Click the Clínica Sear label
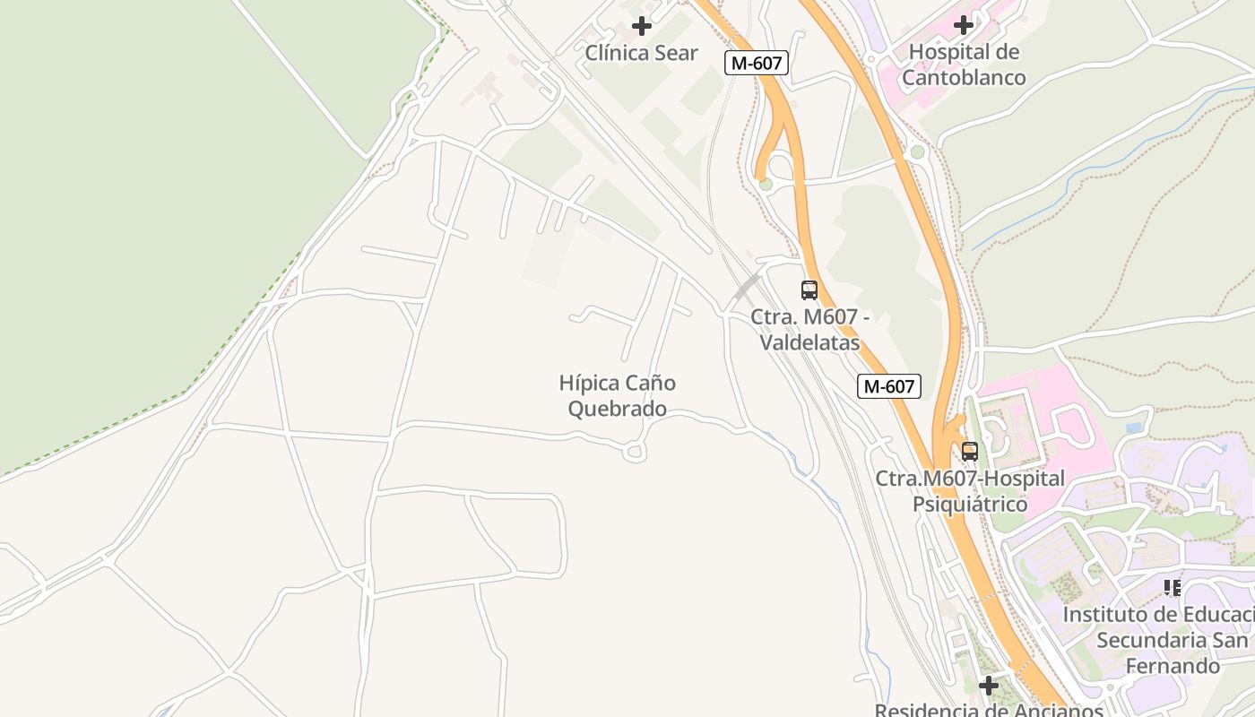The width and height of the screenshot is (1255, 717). coord(641,53)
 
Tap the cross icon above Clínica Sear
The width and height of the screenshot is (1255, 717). coord(642,26)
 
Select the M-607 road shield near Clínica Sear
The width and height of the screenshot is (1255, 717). coord(757,63)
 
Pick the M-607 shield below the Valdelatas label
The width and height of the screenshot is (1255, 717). coord(889,386)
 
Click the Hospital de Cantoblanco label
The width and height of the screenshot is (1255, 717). coord(964,65)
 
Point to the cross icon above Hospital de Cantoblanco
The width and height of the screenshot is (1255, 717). coord(964,25)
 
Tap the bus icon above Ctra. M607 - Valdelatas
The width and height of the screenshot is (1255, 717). coord(809,290)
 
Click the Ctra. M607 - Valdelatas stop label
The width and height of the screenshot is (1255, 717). coord(809,330)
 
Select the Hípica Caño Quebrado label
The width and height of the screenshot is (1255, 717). coord(618,396)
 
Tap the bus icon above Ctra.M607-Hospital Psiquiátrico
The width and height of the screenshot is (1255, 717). coord(969,452)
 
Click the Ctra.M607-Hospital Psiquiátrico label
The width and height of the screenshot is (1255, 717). coord(970,491)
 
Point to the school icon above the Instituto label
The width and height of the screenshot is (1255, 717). coord(1172,588)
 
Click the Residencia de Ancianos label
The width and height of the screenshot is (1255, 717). coord(989,710)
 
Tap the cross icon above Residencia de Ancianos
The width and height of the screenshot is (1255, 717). coord(989,686)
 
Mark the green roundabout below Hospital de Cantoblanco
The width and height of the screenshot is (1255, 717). coord(916,152)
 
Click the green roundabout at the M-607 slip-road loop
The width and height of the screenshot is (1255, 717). coord(766,185)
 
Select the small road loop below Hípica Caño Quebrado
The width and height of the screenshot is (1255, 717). coord(635,453)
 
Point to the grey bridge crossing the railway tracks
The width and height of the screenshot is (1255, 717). coord(746,287)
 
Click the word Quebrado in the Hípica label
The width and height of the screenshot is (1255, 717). coord(618,410)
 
